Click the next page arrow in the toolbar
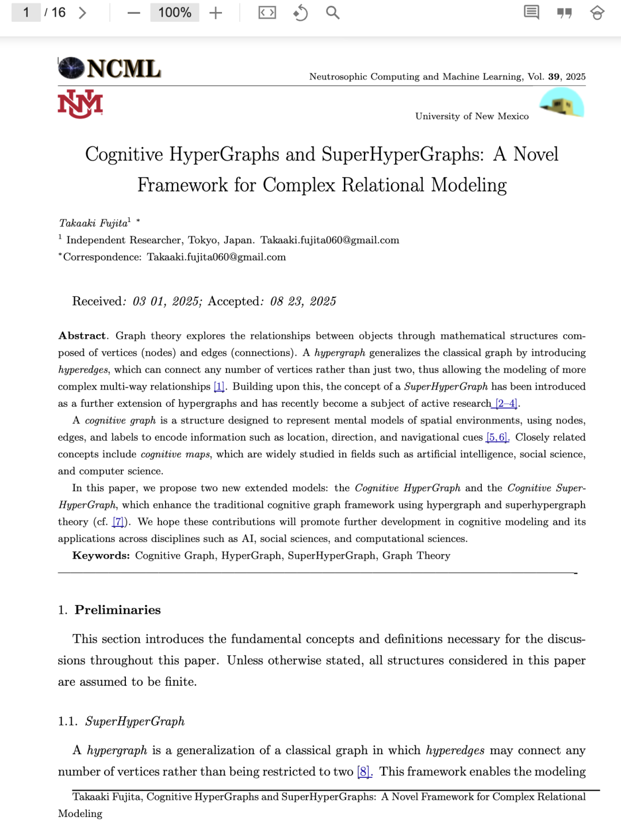tap(83, 13)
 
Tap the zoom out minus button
tap(134, 13)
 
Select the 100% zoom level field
tap(174, 13)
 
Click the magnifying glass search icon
tap(332, 13)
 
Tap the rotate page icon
tap(300, 13)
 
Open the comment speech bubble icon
tap(531, 13)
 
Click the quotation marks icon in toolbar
tap(565, 13)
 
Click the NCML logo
tap(109, 68)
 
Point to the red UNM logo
tap(80, 104)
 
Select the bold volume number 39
tap(554, 77)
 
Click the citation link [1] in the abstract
tap(219, 387)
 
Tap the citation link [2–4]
tap(507, 403)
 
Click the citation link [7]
tap(118, 522)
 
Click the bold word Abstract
tap(82, 336)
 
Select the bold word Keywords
tap(101, 556)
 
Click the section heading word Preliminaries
tap(118, 610)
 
